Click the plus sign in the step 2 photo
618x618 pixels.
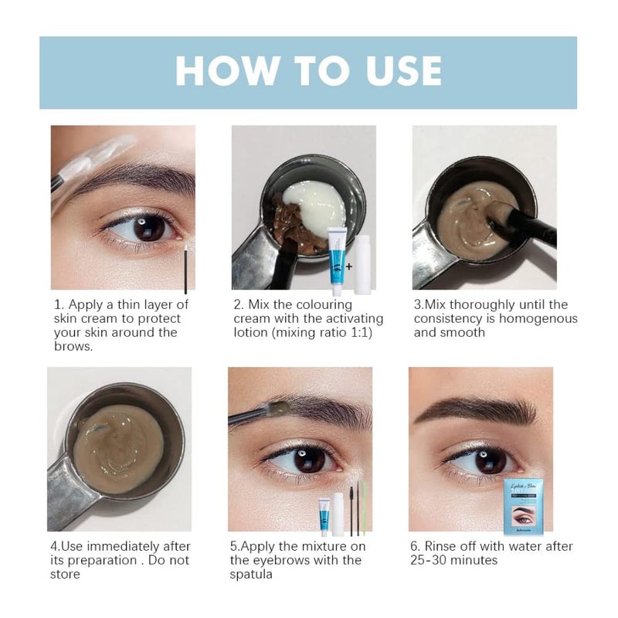[x=348, y=266]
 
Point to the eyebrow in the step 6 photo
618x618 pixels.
[x=479, y=410]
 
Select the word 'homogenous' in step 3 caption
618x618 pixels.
[x=535, y=318]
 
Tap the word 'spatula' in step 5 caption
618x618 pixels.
[x=252, y=575]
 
